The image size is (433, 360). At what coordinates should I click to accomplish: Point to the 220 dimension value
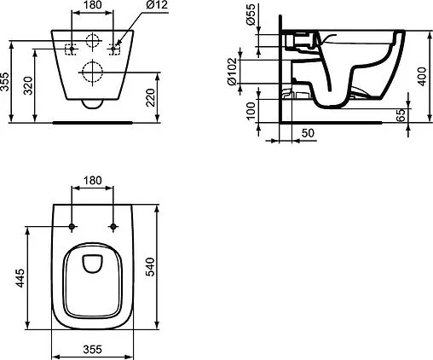[x=150, y=96]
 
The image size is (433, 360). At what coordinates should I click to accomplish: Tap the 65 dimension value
[x=401, y=116]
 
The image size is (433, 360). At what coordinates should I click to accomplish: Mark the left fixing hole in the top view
[x=72, y=227]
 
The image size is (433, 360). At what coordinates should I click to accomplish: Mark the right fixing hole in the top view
[x=114, y=227]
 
